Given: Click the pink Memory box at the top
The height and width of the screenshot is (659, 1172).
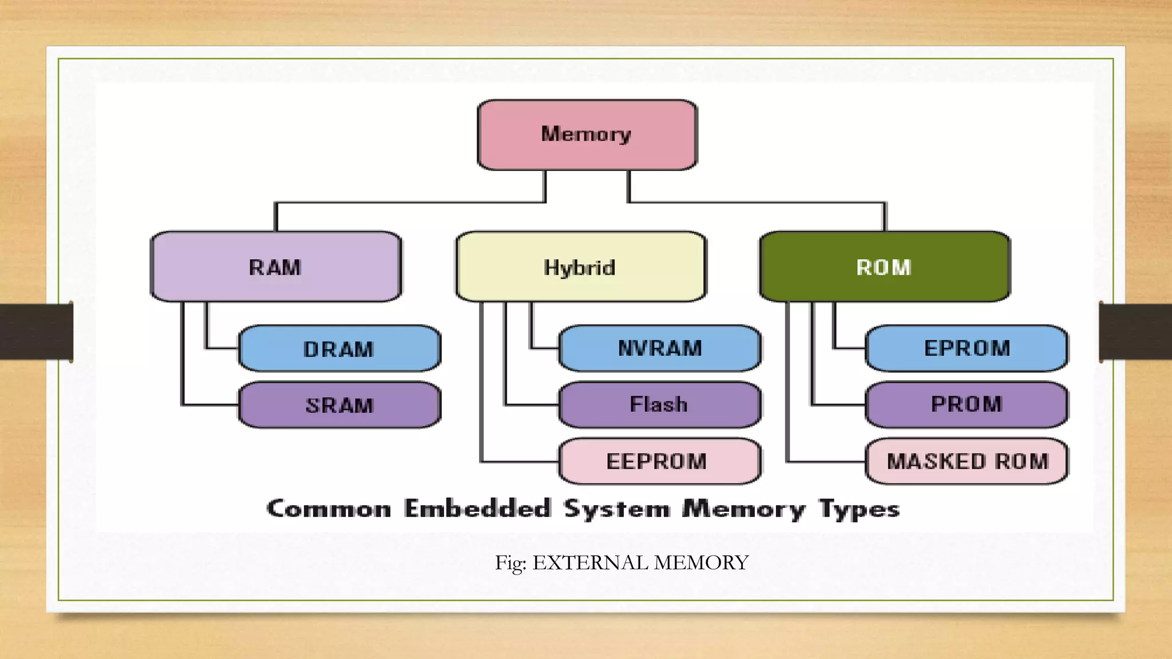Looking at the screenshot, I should (x=587, y=135).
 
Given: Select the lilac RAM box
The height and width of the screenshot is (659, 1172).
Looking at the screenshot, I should (x=276, y=267).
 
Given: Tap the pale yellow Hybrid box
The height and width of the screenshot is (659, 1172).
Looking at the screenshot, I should (x=580, y=267).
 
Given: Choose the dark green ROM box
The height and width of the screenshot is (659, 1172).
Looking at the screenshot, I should (x=885, y=267).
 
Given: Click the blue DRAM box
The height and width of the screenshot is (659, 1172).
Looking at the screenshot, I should (x=339, y=348).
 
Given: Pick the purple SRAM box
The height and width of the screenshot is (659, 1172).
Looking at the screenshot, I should (x=339, y=405).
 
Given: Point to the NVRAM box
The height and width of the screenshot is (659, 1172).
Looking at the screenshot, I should (x=660, y=348).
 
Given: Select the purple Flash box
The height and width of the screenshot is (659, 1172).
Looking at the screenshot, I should (x=660, y=404).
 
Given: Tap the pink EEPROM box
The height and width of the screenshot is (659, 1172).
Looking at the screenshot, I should (x=660, y=461).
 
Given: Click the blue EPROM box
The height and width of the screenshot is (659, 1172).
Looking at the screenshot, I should (x=967, y=348).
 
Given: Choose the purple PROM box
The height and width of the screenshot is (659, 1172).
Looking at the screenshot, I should (x=967, y=404).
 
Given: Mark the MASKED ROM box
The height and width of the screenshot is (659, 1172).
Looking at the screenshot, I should (x=967, y=461).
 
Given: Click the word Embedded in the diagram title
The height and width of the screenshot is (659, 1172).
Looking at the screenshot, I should (x=477, y=508).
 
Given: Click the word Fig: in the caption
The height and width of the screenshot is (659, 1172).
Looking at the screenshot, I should (x=510, y=563).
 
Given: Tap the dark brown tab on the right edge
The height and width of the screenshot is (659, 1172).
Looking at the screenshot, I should (x=1135, y=332).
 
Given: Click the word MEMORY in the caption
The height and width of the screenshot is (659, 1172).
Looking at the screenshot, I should (x=701, y=563).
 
